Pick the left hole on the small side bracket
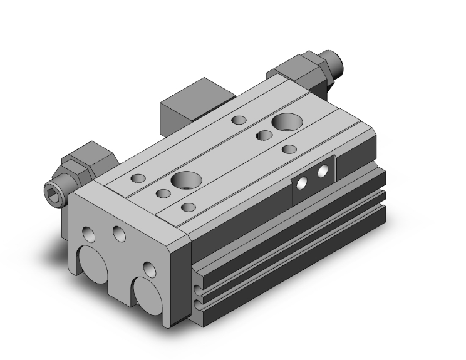(303, 182)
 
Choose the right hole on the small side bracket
(323, 171)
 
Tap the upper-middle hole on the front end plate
(118, 234)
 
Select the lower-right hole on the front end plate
(149, 269)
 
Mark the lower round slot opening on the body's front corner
(199, 304)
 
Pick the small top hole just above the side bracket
(289, 149)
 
